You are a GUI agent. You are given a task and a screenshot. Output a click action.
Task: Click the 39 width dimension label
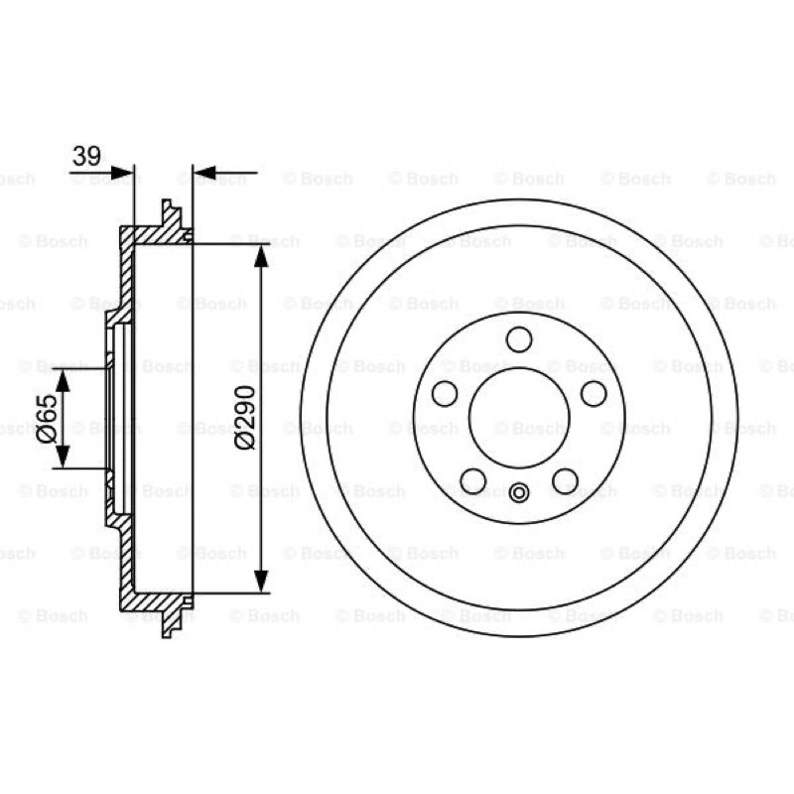(86, 156)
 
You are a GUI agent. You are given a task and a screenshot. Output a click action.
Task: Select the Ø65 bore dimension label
(47, 418)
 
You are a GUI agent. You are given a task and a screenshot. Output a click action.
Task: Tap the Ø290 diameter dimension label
(245, 417)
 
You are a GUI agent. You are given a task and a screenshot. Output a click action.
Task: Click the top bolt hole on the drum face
(519, 339)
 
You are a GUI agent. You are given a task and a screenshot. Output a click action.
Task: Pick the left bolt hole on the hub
(445, 393)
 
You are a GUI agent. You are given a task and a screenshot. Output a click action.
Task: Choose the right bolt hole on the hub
(594, 393)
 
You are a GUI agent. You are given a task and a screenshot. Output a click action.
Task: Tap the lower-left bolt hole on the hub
(473, 480)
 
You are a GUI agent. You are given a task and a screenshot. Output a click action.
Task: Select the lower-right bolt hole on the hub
(565, 480)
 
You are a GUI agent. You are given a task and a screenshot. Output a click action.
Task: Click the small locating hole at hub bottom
(519, 492)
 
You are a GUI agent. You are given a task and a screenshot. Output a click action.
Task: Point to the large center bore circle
(519, 368)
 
